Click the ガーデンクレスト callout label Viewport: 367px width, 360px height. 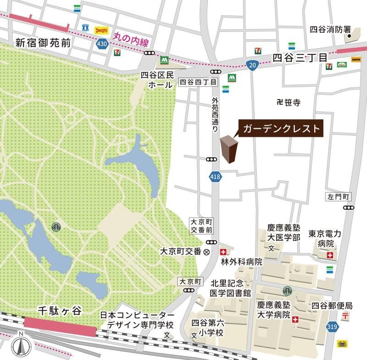click(x=281, y=128)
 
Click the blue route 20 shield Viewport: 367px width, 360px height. click(x=251, y=65)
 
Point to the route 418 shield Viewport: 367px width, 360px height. click(x=215, y=176)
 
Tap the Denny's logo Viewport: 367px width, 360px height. click(x=101, y=30)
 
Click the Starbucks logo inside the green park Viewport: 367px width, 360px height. click(x=56, y=227)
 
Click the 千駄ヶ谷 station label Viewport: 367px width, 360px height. click(x=60, y=311)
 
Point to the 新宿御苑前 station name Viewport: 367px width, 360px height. click(x=43, y=43)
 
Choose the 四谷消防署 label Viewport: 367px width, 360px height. click(x=328, y=29)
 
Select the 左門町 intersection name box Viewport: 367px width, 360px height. click(x=339, y=197)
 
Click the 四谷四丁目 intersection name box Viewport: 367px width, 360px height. click(x=197, y=83)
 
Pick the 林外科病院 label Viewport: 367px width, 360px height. click(x=241, y=262)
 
